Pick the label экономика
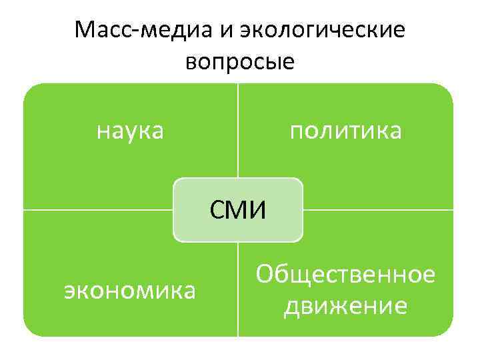pyautogui.click(x=130, y=291)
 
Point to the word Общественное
pyautogui.click(x=346, y=274)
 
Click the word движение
pyautogui.click(x=346, y=307)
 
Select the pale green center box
pyautogui.click(x=200, y=227)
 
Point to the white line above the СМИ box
pyautogui.click(x=238, y=133)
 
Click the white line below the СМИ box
pyautogui.click(x=238, y=287)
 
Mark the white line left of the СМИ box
pyautogui.click(x=100, y=210)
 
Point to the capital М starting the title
pyautogui.click(x=86, y=30)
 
